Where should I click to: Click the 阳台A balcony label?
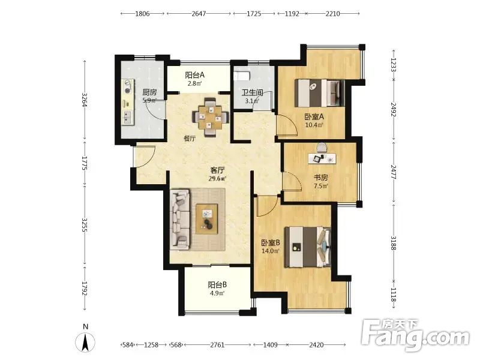tap(194, 75)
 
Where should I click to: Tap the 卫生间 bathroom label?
tap(253, 92)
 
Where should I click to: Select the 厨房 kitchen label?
tap(149, 92)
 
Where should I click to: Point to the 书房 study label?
tap(321, 177)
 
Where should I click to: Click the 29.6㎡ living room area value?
tap(217, 179)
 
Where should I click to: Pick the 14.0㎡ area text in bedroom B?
tap(271, 251)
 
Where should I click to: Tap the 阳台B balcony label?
tap(217, 285)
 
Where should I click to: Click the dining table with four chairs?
tap(211, 116)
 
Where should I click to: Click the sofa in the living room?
tap(180, 218)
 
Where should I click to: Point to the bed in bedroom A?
tap(320, 93)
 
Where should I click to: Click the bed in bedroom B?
tap(308, 247)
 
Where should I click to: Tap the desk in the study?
tap(322, 158)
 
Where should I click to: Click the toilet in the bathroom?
tap(242, 76)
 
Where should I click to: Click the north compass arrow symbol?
tap(85, 341)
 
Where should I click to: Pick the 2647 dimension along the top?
tap(199, 14)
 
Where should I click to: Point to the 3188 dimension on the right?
tap(394, 242)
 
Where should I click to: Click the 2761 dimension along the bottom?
tap(217, 345)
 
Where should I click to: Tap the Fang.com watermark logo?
tap(415, 336)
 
